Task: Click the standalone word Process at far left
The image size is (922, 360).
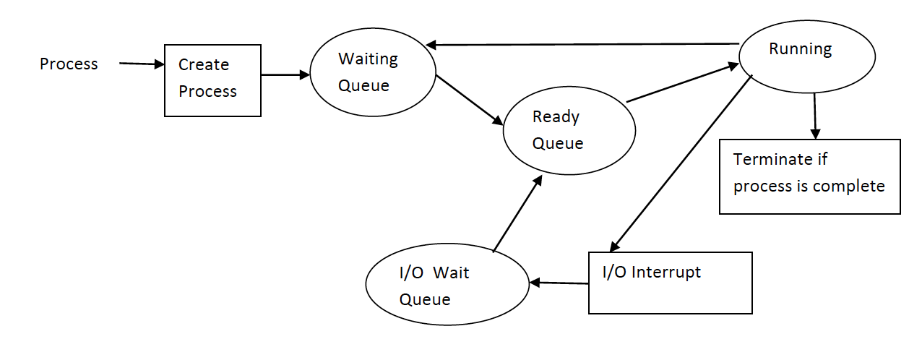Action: coord(69,64)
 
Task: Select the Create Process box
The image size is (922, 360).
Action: coord(212,80)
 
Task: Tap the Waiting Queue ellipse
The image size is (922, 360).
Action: coord(373,72)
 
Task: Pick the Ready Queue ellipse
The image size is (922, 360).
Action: coord(569,130)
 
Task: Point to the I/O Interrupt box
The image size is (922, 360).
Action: coord(670,283)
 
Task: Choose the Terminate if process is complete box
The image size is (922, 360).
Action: coord(809,176)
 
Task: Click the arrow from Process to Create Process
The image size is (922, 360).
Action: coord(142,64)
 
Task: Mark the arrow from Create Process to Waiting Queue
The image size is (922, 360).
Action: coord(285,74)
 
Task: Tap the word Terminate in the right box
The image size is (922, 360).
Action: coord(769,160)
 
